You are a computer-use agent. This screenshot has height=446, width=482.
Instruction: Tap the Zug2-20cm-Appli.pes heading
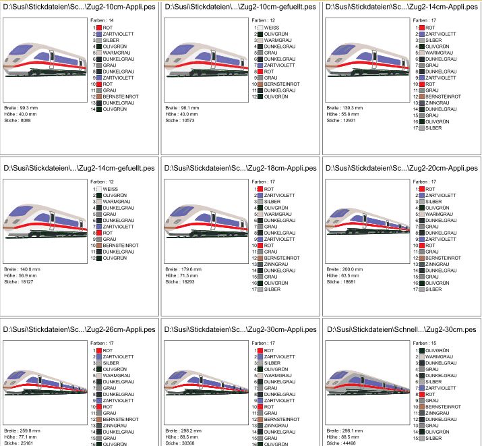(402, 167)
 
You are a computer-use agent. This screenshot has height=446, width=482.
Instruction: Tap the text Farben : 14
(102, 21)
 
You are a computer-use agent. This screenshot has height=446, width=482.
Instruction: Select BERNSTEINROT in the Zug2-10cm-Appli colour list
(112, 96)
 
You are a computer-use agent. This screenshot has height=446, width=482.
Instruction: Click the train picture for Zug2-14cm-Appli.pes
(365, 58)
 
